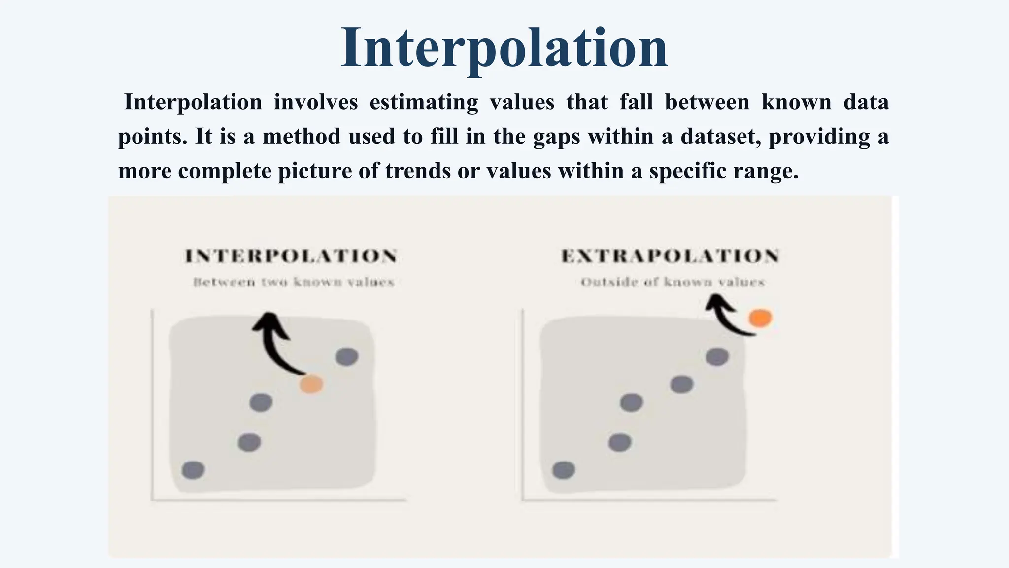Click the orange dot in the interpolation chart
click(x=311, y=384)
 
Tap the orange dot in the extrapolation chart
click(x=760, y=318)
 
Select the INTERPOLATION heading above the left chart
click(x=291, y=256)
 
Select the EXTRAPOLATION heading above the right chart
click(x=670, y=256)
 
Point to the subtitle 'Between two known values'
click(x=294, y=283)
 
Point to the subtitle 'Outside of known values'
click(x=673, y=283)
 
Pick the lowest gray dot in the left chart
click(x=193, y=470)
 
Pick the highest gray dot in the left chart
click(x=347, y=356)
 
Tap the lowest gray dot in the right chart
click(x=564, y=470)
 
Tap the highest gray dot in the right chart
click(x=717, y=356)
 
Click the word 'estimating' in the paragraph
click(x=424, y=103)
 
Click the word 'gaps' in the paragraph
click(x=556, y=137)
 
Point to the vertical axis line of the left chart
click(x=152, y=404)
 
